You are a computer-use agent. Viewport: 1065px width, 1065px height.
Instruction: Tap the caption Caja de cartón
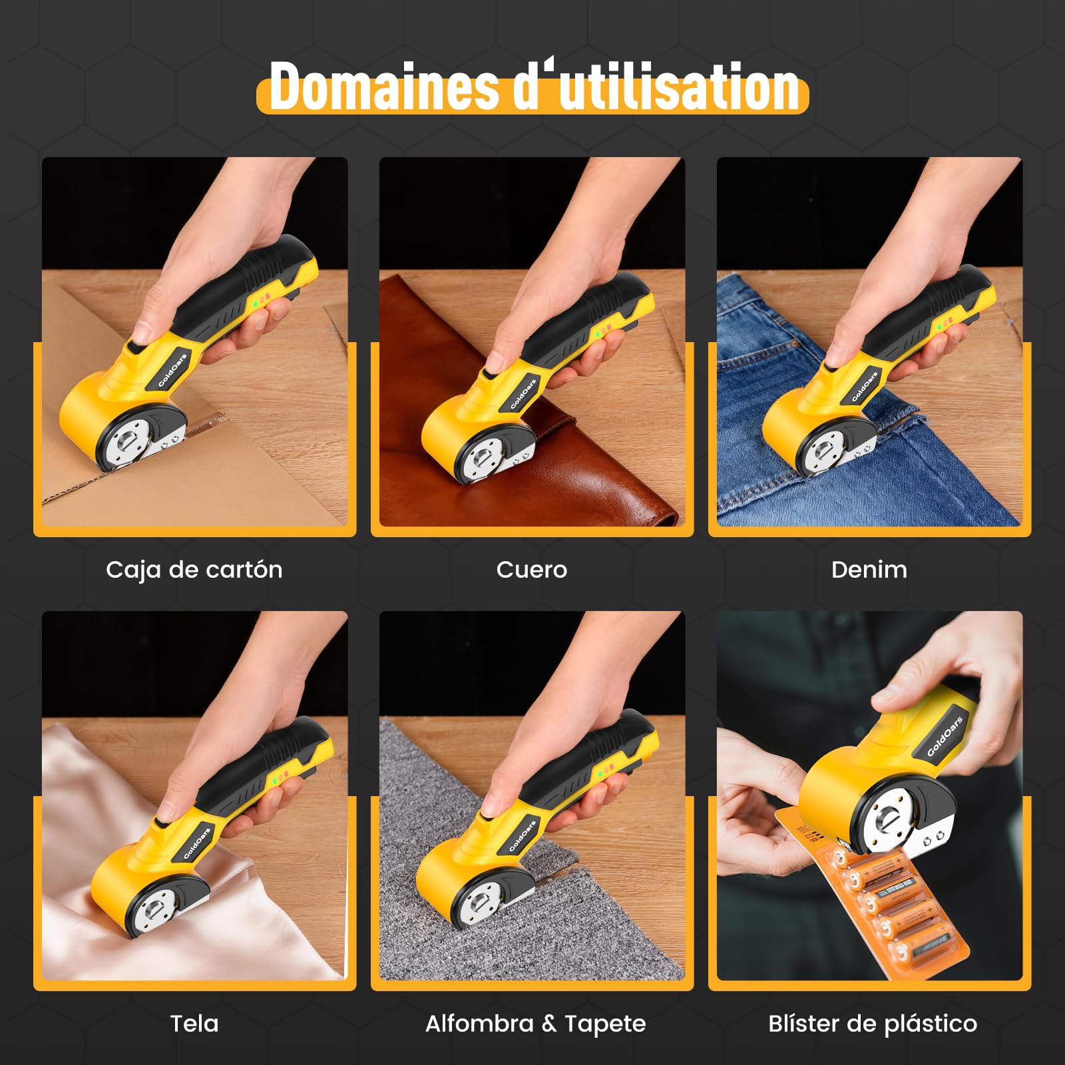point(194,570)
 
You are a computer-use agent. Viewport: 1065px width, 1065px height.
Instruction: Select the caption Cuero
point(532,570)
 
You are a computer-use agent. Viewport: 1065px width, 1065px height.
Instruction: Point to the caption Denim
point(869,570)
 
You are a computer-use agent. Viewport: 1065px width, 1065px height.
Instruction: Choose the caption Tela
point(194,1023)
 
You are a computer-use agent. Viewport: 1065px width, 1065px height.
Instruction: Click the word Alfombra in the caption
point(479,1023)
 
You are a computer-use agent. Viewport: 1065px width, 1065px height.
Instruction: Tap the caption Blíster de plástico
point(873,1024)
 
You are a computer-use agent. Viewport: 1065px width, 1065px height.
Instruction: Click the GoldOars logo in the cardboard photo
point(172,370)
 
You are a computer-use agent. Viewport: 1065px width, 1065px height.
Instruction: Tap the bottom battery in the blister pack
point(922,949)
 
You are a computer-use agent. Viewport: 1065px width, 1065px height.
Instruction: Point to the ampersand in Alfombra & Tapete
point(549,1024)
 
